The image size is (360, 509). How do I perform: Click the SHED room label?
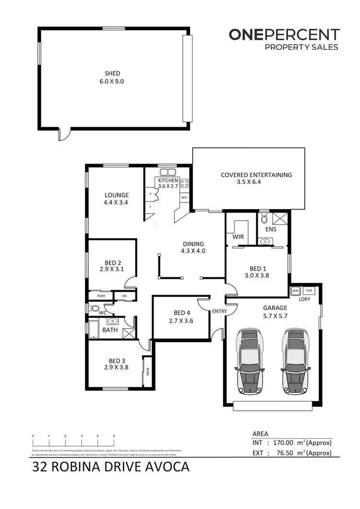pos(112,73)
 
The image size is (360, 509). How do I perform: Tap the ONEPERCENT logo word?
pos(284,35)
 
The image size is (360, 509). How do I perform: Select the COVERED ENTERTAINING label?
pos(256,175)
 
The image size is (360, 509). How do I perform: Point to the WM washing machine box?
pos(295,291)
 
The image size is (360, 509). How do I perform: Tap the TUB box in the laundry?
pos(308,291)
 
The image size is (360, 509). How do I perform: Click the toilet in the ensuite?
pos(264,219)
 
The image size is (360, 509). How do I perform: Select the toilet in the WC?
pos(94,308)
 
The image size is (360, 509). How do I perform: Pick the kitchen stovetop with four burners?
pos(184,182)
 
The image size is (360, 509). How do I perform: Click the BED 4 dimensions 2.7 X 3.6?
pos(181,321)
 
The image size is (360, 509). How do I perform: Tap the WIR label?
pos(239,237)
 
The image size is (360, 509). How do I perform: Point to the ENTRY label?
pos(219,311)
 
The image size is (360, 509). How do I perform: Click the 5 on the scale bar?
pos(114,436)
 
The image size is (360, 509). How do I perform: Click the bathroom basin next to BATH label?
pos(113,321)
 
